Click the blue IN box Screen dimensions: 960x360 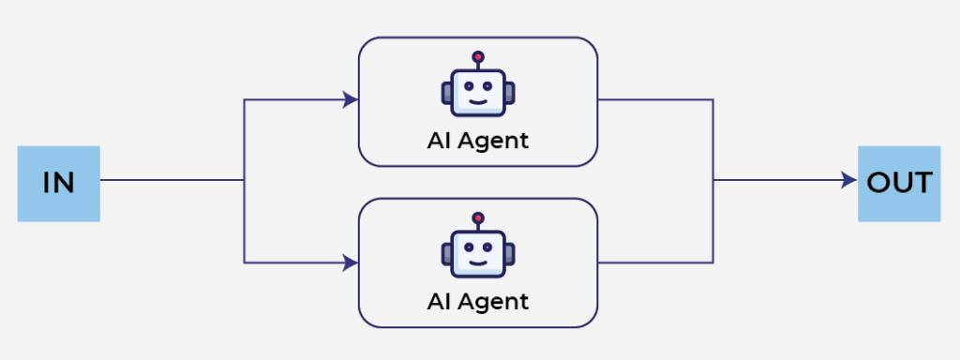[x=58, y=184]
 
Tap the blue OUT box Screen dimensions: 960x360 [x=899, y=184]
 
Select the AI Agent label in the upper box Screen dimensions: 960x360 [x=477, y=141]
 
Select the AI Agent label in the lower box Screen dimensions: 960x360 [x=477, y=302]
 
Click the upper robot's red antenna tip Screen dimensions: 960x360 [x=478, y=57]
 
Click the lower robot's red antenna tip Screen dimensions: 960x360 [x=478, y=217]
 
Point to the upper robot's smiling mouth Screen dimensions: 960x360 [x=478, y=100]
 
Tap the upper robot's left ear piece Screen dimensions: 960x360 [x=445, y=93]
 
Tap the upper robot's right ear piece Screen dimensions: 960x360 [x=510, y=93]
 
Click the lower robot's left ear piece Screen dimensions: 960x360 [x=445, y=254]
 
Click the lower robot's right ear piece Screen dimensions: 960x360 [x=510, y=254]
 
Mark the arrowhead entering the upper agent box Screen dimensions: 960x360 [x=351, y=99]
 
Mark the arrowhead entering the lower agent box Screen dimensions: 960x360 [x=351, y=263]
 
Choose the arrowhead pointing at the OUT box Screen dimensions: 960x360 [x=849, y=180]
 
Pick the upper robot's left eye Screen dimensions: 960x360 [x=469, y=86]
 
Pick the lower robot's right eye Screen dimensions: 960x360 [x=487, y=247]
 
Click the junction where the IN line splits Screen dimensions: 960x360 [x=245, y=180]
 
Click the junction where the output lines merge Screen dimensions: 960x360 [x=713, y=180]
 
